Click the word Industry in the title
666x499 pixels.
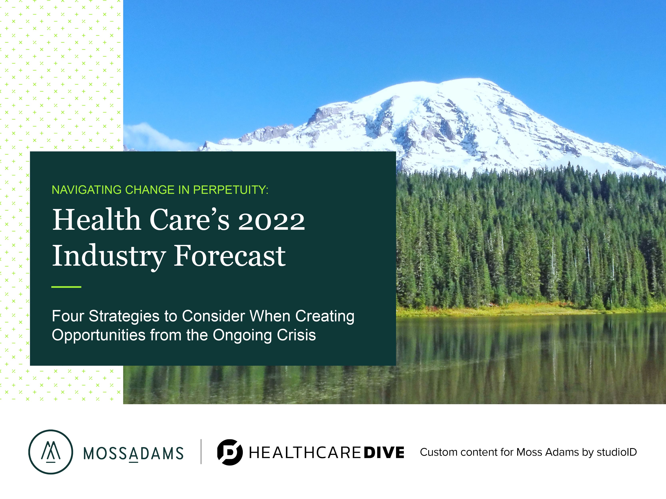tap(109, 256)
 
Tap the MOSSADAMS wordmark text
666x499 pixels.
tap(133, 453)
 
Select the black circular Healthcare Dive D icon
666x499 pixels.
tap(230, 452)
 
